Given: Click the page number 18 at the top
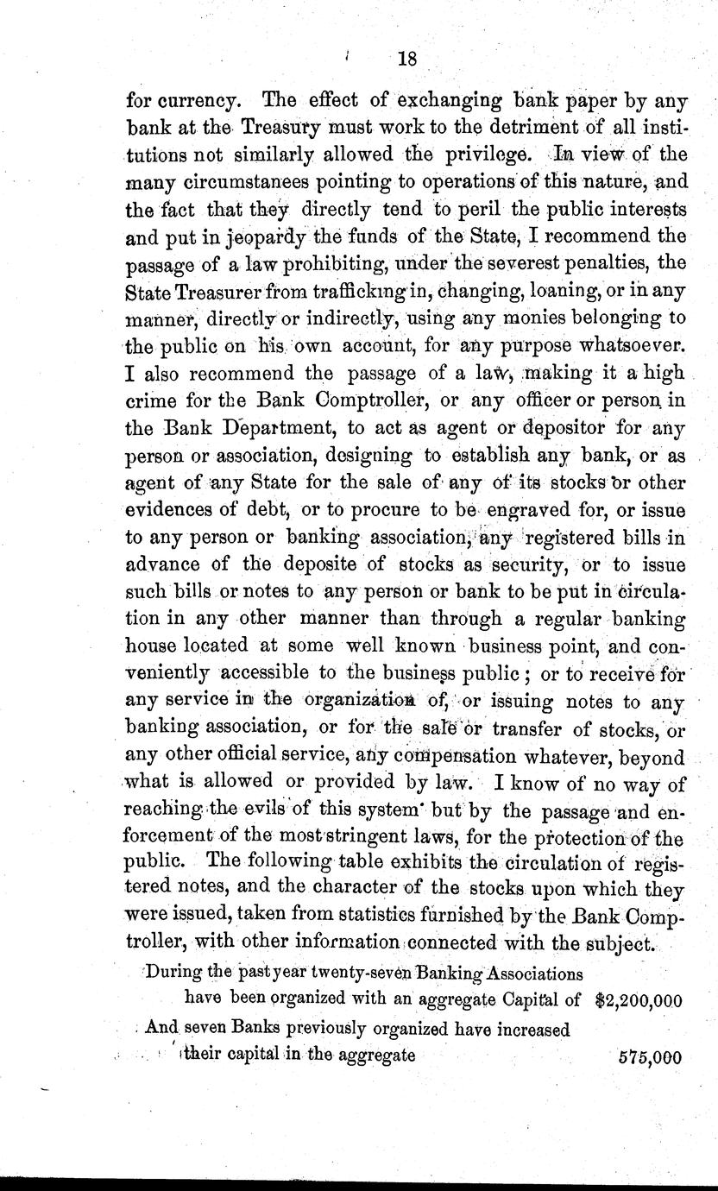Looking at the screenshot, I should pos(407,60).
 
